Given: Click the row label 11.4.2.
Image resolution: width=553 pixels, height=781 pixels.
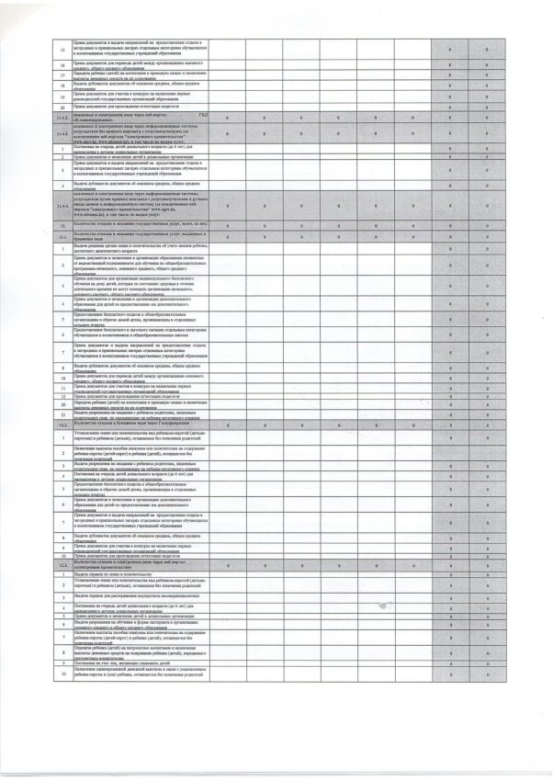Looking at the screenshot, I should point(62,119).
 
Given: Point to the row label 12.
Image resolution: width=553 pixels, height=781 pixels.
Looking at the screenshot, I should point(62,224).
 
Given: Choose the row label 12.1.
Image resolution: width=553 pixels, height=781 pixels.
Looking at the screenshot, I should point(62,236).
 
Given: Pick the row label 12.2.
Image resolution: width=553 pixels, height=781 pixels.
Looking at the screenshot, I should point(62,424).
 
